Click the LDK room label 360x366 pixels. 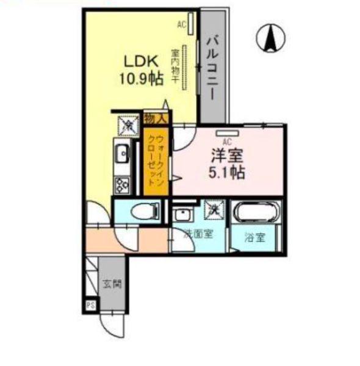point(142,62)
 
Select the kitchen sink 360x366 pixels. point(120,152)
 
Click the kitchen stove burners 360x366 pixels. point(120,182)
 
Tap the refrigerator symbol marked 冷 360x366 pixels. point(129,125)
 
